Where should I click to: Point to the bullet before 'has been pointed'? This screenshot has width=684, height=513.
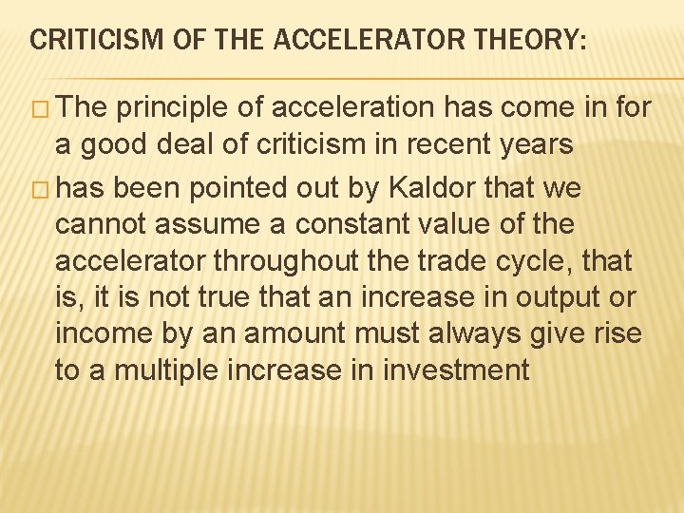[x=41, y=189]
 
